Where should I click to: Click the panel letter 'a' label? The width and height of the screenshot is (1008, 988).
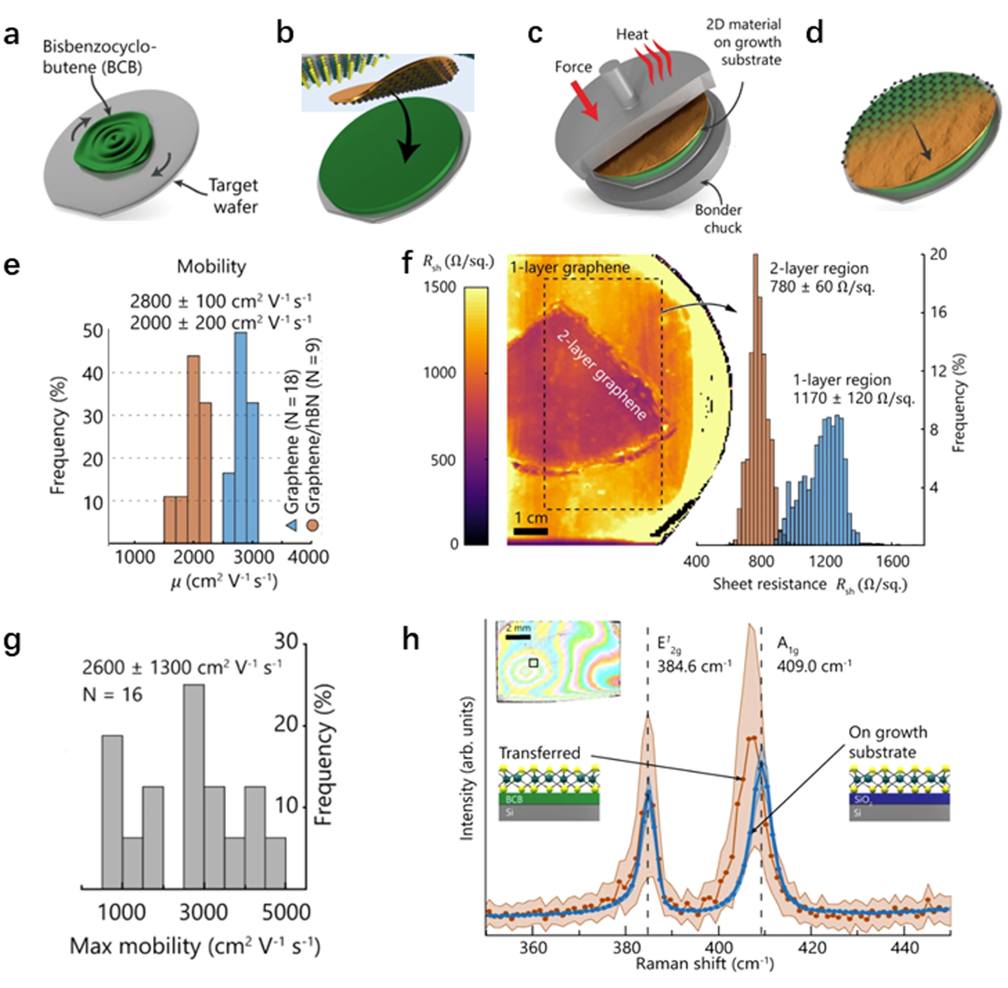[11, 37]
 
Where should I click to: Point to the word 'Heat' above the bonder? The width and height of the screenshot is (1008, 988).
[632, 34]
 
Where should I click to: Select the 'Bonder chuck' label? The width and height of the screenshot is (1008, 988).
[718, 219]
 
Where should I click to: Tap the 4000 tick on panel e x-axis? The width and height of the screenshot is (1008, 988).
[308, 557]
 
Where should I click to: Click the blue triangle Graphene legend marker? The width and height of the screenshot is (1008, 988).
[292, 525]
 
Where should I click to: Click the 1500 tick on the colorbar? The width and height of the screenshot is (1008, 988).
[440, 287]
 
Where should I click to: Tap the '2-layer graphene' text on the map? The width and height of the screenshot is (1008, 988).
[601, 375]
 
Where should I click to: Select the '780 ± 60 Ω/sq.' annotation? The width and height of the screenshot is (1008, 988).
[821, 287]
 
